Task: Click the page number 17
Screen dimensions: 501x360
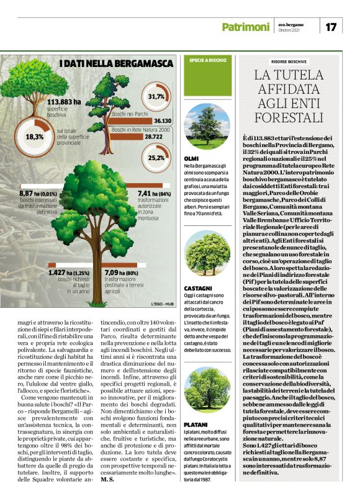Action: pyautogui.click(x=331, y=27)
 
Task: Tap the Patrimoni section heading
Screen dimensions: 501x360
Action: pyautogui.click(x=246, y=27)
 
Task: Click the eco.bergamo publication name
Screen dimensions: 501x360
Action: pyautogui.click(x=290, y=24)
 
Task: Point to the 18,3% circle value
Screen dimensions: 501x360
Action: pyautogui.click(x=35, y=137)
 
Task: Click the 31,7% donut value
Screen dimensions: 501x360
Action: pyautogui.click(x=156, y=97)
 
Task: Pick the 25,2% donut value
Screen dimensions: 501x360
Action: pyautogui.click(x=156, y=158)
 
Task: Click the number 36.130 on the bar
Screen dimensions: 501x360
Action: pyautogui.click(x=163, y=120)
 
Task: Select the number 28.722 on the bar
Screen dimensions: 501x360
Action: pyautogui.click(x=162, y=136)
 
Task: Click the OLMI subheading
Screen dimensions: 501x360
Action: pyautogui.click(x=192, y=160)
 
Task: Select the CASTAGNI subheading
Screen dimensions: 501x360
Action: pyautogui.click(x=198, y=289)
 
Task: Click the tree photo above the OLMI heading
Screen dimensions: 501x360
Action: pyautogui.click(x=207, y=127)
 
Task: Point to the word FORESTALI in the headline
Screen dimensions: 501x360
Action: pyautogui.click(x=289, y=117)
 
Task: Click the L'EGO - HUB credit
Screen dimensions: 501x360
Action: pyautogui.click(x=161, y=304)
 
